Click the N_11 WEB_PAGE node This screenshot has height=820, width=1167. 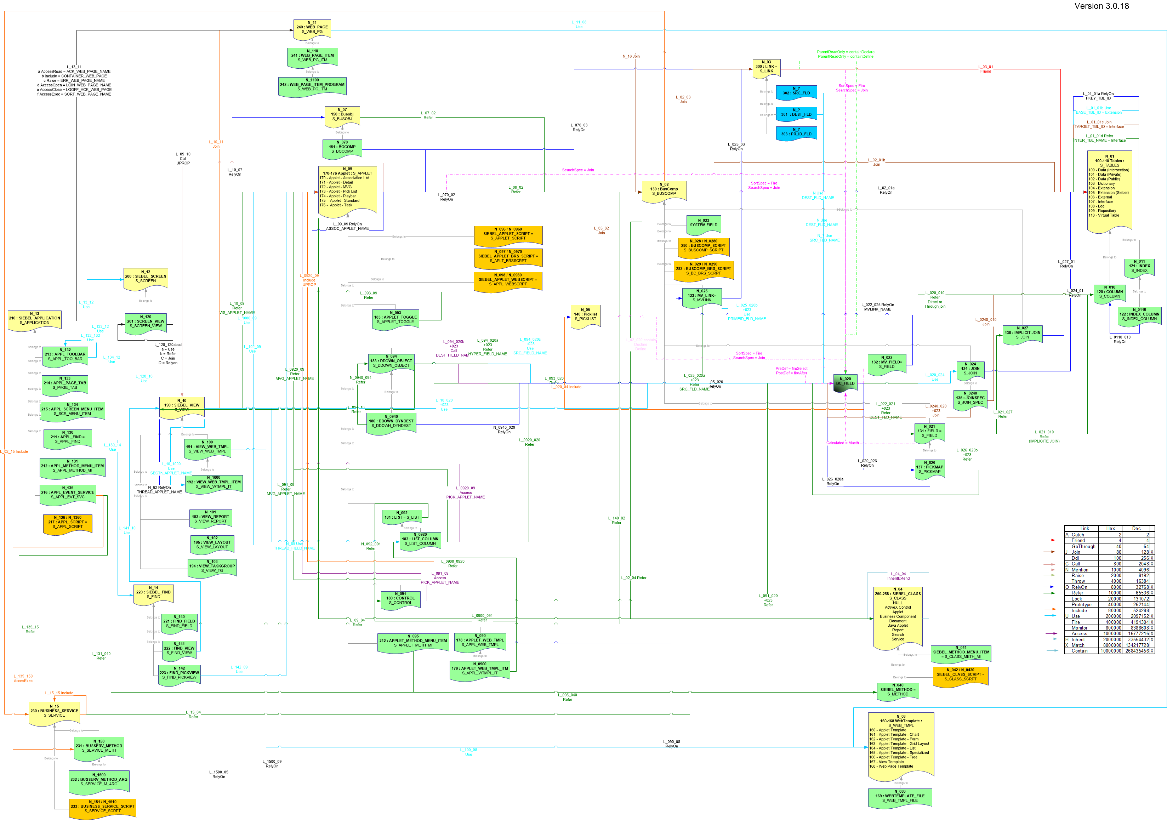(312, 29)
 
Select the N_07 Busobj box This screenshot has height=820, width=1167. (342, 116)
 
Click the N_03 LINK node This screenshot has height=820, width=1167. (766, 68)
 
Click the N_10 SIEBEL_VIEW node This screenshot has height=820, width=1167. (181, 407)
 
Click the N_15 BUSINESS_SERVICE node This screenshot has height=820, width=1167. (54, 713)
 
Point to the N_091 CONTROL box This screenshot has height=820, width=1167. (400, 600)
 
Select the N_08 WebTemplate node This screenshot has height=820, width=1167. (901, 745)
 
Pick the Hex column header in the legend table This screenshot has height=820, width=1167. (1110, 528)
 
